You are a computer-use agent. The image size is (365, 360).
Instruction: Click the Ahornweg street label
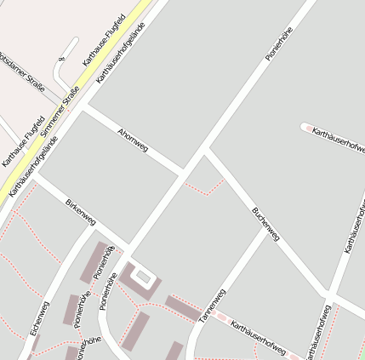click(x=133, y=141)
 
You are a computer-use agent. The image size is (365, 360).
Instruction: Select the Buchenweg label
click(x=265, y=224)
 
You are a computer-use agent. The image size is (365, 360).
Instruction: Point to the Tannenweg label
click(x=213, y=305)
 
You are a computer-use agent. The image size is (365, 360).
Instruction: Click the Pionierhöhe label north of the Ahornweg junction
click(x=279, y=43)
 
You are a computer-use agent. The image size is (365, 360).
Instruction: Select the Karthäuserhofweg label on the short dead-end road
click(x=339, y=138)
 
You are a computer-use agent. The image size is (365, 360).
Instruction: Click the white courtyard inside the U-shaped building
click(x=143, y=277)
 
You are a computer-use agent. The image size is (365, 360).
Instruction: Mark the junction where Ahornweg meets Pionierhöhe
click(x=182, y=173)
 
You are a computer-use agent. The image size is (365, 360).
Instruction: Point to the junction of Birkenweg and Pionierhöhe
click(x=128, y=249)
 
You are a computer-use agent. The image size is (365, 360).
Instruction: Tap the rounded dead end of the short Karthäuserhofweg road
click(x=305, y=128)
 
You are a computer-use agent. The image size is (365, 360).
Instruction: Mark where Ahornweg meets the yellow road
click(x=83, y=106)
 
